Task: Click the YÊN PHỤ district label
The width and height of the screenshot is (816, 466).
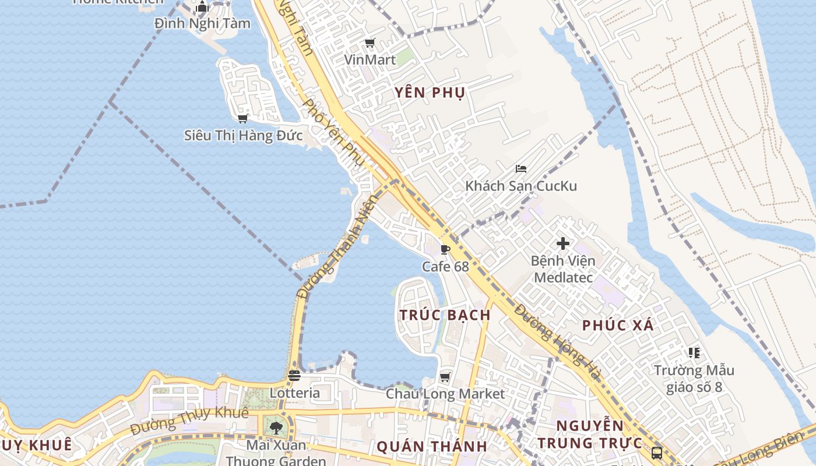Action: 430,93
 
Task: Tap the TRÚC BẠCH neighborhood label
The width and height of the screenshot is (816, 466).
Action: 445,315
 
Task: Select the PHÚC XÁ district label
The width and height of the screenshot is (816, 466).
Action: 618,326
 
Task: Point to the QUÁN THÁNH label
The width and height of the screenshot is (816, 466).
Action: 431,447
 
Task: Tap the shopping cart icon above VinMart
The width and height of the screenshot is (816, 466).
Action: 370,43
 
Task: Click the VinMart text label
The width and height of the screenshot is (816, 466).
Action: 370,59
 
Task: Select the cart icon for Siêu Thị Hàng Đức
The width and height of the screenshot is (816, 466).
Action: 243,119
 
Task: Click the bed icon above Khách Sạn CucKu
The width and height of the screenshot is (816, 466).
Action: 521,169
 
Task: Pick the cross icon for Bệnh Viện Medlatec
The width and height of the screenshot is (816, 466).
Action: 563,243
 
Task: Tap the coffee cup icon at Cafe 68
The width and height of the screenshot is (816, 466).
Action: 445,250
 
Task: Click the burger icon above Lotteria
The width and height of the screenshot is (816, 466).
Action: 294,376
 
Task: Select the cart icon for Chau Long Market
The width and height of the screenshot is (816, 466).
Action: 445,377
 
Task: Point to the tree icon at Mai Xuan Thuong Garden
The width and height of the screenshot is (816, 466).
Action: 276,428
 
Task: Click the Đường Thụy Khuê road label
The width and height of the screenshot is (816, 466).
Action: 189,421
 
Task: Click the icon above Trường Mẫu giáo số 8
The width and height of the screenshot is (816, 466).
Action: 694,353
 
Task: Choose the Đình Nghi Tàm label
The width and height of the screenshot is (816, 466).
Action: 202,24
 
